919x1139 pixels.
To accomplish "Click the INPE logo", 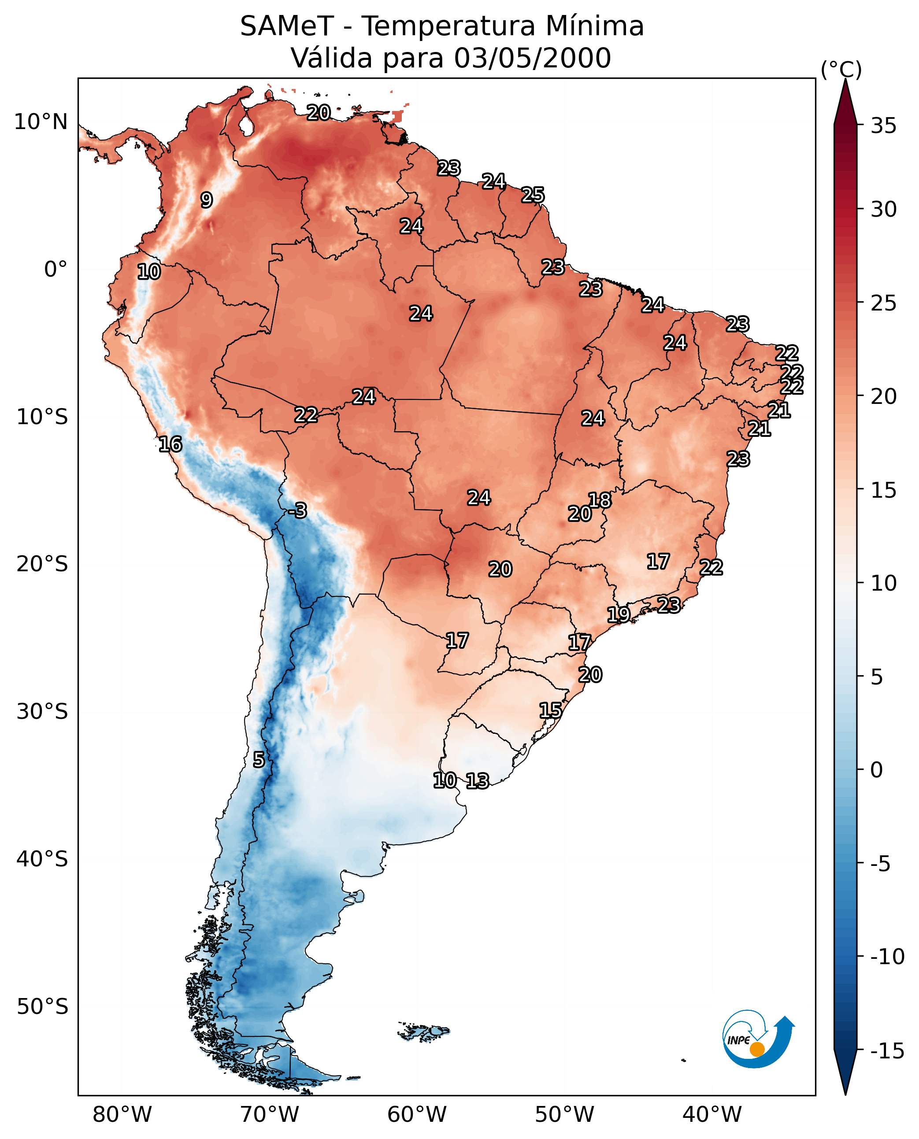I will [758, 1039].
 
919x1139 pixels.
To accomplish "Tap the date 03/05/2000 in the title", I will [532, 58].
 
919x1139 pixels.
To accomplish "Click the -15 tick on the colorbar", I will [887, 1050].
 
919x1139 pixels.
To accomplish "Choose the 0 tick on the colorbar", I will [877, 770].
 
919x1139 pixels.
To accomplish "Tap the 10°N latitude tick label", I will [41, 122].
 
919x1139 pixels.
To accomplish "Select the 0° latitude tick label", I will [56, 270].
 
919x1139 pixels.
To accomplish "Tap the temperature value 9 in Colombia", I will [207, 200].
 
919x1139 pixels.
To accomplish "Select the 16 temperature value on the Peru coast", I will [170, 444].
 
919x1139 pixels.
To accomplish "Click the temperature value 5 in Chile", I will [258, 760].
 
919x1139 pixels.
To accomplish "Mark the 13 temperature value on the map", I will [478, 781].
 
